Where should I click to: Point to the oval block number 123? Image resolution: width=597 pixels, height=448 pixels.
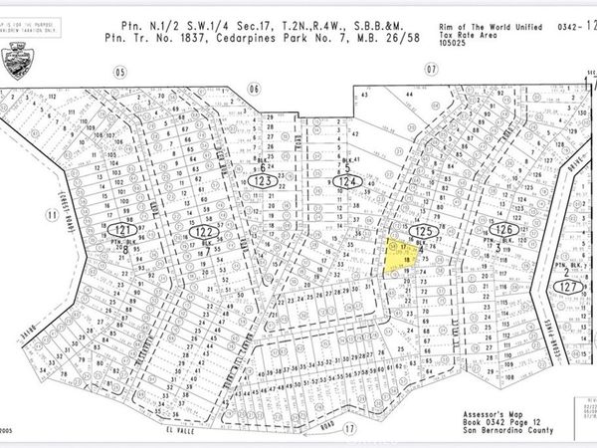[x=264, y=183]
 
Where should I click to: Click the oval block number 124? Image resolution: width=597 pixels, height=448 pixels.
[x=347, y=183]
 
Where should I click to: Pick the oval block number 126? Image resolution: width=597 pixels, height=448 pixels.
[x=500, y=229]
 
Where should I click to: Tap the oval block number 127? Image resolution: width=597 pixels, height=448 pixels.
[x=568, y=283]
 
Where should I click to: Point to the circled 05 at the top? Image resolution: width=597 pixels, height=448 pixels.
[x=119, y=71]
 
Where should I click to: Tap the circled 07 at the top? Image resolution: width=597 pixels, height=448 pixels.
[x=431, y=71]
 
